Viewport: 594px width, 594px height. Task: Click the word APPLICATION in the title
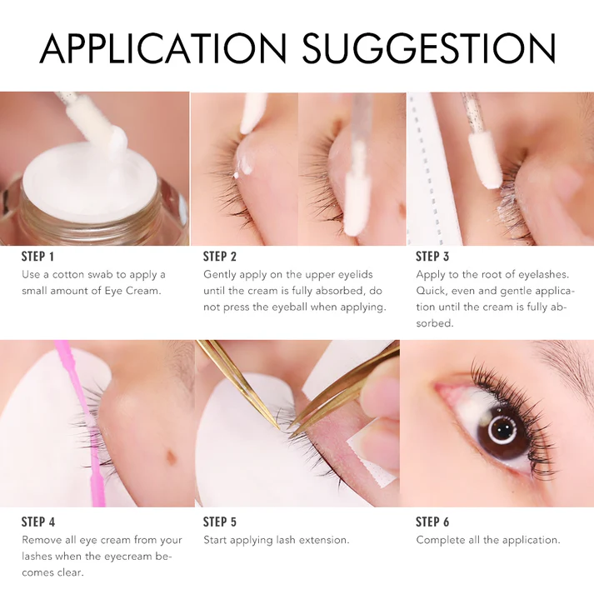(x=163, y=48)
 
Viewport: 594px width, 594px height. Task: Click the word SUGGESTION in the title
(x=429, y=48)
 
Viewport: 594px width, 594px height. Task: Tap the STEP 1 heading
(x=37, y=257)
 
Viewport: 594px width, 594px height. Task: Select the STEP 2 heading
(x=220, y=257)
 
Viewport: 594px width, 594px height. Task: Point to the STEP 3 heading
(x=432, y=257)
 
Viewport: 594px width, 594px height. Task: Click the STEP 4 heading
(x=38, y=522)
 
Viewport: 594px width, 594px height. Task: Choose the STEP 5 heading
(x=220, y=522)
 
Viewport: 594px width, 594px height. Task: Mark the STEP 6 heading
(x=432, y=522)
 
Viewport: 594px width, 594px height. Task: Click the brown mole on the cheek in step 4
(x=172, y=457)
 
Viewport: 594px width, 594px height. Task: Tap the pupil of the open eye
(x=503, y=430)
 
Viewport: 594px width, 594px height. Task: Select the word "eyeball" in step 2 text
(x=289, y=307)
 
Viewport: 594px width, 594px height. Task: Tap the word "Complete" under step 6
(x=440, y=540)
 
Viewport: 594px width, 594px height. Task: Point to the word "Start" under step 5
(x=215, y=540)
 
